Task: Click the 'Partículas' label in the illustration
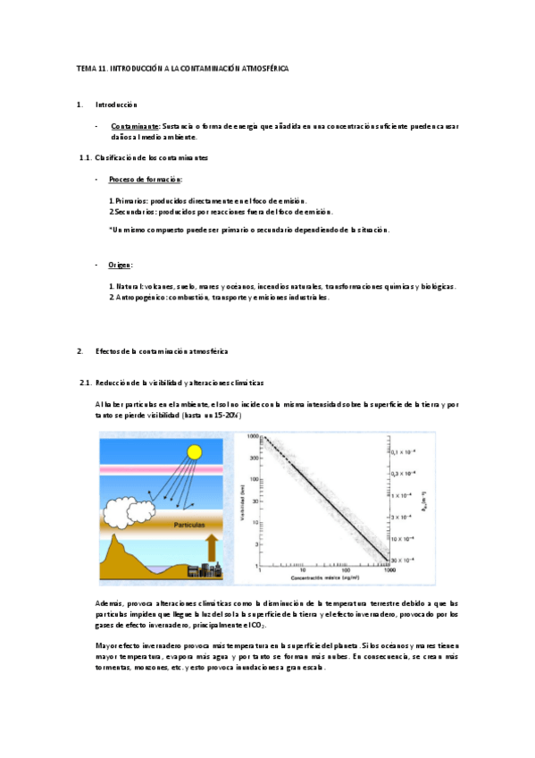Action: (x=192, y=514)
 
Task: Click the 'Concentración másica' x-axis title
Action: (x=322, y=579)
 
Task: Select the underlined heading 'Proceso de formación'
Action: (x=146, y=179)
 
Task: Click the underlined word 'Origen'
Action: (x=121, y=265)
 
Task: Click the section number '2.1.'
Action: (x=86, y=383)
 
